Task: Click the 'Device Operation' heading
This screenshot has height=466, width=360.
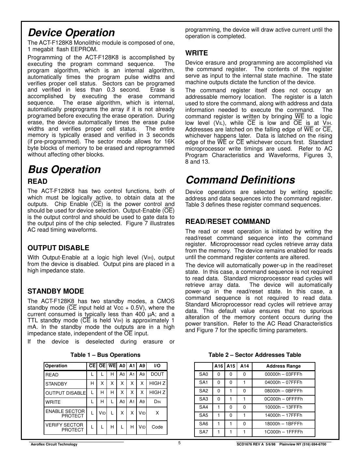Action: point(71,33)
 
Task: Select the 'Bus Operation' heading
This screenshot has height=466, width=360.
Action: point(65,169)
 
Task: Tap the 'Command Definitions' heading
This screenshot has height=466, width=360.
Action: point(240,180)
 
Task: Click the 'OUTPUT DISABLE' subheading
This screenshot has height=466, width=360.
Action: point(58,248)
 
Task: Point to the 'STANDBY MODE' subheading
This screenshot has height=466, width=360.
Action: point(56,291)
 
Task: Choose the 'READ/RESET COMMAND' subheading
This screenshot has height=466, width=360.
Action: point(227,222)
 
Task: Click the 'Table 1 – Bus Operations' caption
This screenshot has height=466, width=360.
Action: point(106,355)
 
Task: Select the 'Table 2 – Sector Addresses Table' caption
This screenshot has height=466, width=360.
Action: point(254,355)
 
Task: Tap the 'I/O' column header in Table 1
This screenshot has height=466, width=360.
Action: point(157,366)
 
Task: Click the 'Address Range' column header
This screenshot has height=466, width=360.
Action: point(283,366)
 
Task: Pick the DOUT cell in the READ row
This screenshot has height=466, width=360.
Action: point(157,374)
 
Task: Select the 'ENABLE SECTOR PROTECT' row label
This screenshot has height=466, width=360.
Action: point(65,414)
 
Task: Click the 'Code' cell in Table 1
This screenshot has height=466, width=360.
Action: point(157,427)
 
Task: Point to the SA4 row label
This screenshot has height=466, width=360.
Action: point(203,407)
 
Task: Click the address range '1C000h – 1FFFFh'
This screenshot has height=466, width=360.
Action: point(283,432)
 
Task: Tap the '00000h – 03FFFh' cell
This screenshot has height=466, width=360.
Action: point(283,374)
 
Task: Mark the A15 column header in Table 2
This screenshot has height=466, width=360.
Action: point(231,366)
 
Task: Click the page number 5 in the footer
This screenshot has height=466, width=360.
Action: point(180,443)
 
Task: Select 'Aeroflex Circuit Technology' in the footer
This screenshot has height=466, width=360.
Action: point(54,444)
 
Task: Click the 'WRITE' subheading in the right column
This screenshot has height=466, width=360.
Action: point(196,53)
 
